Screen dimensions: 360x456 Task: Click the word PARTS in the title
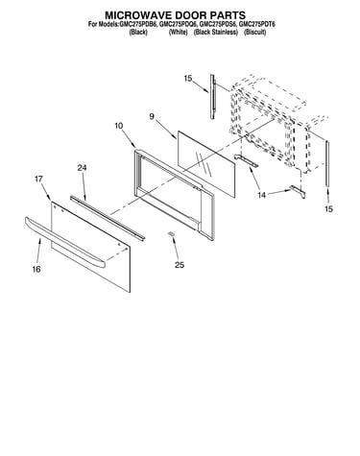228,15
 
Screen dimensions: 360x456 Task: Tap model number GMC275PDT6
257,24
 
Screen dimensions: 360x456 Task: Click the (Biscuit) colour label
254,32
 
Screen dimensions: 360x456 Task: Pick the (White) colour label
179,32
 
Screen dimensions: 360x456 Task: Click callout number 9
152,116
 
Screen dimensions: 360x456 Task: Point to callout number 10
118,126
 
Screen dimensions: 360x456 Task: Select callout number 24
82,167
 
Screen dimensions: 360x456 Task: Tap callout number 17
38,179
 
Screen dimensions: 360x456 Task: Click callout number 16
36,269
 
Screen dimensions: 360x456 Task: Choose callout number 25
180,265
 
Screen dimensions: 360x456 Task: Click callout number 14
262,195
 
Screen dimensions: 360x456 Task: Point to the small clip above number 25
172,234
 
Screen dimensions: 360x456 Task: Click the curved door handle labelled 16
65,242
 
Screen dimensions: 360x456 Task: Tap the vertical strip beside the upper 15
212,97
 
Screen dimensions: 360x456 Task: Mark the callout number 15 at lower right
329,209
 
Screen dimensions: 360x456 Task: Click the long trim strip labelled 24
108,217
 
